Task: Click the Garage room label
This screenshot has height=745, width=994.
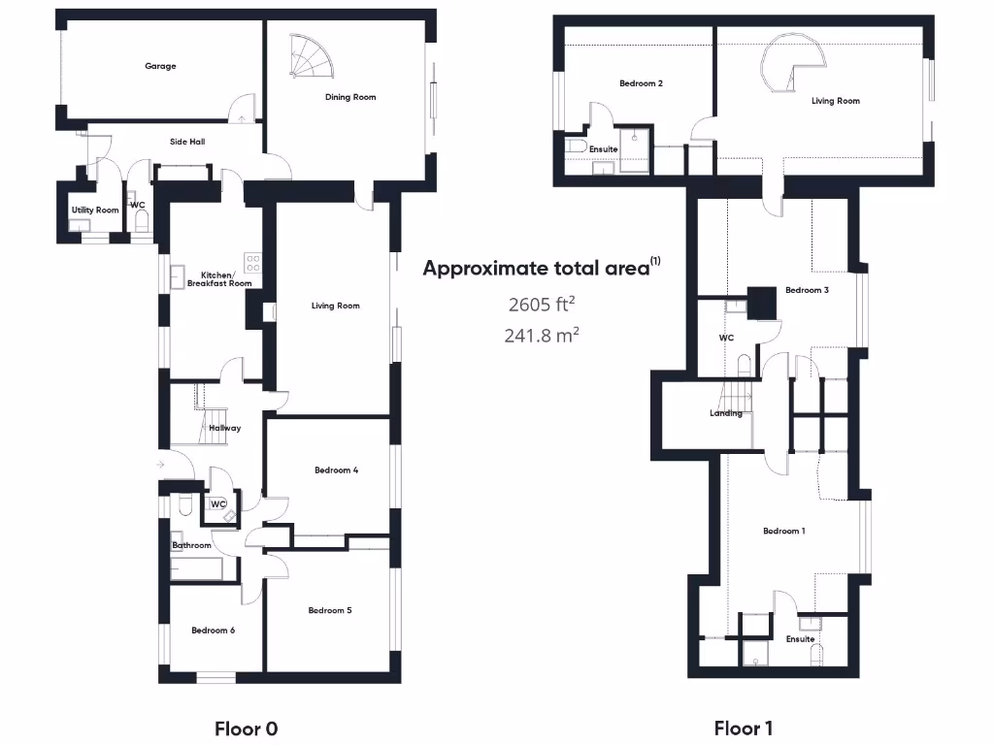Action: [161, 67]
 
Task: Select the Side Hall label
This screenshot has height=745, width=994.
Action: [187, 142]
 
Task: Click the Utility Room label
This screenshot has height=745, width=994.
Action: [95, 211]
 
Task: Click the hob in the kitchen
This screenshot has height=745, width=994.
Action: [253, 263]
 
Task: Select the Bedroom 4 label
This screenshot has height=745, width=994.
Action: [337, 470]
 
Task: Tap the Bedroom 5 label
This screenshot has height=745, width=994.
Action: [330, 610]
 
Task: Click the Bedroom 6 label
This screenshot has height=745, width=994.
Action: [213, 631]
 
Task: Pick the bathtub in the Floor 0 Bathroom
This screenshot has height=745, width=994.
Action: [204, 568]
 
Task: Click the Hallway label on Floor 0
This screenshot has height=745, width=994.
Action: [224, 428]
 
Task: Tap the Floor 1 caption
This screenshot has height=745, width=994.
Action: [744, 728]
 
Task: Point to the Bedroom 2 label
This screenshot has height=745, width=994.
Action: [641, 83]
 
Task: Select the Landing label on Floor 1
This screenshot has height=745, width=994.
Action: [726, 413]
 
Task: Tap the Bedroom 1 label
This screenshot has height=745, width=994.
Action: [783, 531]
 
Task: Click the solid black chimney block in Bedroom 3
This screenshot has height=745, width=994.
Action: [761, 303]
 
